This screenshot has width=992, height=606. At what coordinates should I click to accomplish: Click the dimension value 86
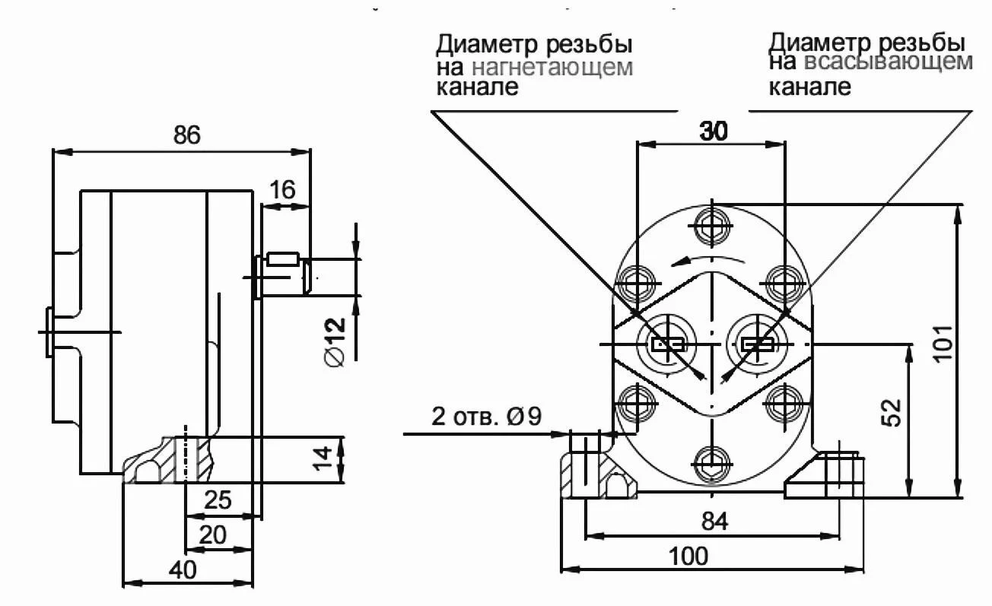pyautogui.click(x=186, y=135)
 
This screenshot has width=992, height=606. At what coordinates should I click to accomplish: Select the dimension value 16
pyautogui.click(x=282, y=190)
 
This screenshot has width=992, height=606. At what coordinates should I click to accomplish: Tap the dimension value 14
pyautogui.click(x=323, y=458)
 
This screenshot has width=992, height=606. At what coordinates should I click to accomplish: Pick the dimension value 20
pyautogui.click(x=212, y=535)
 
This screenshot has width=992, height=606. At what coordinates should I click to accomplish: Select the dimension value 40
pyautogui.click(x=183, y=570)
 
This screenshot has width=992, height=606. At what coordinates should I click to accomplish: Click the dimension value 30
pyautogui.click(x=713, y=132)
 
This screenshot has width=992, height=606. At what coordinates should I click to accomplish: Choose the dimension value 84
pyautogui.click(x=714, y=522)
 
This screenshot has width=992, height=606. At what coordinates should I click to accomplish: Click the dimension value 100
pyautogui.click(x=688, y=556)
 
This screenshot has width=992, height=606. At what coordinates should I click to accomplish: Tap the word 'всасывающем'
pyautogui.click(x=888, y=62)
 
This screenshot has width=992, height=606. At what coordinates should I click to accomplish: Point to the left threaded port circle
pyautogui.click(x=667, y=344)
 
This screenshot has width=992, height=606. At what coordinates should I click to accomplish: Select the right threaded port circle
pyautogui.click(x=758, y=344)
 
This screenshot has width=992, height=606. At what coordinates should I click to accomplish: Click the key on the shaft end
pyautogui.click(x=281, y=259)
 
